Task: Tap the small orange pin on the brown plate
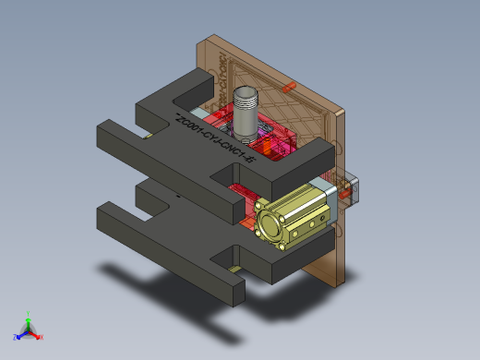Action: (x=285, y=88)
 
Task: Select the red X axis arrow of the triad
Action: (x=37, y=336)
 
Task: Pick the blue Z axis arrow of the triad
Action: (x=19, y=335)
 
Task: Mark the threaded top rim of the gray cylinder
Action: (x=247, y=93)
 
